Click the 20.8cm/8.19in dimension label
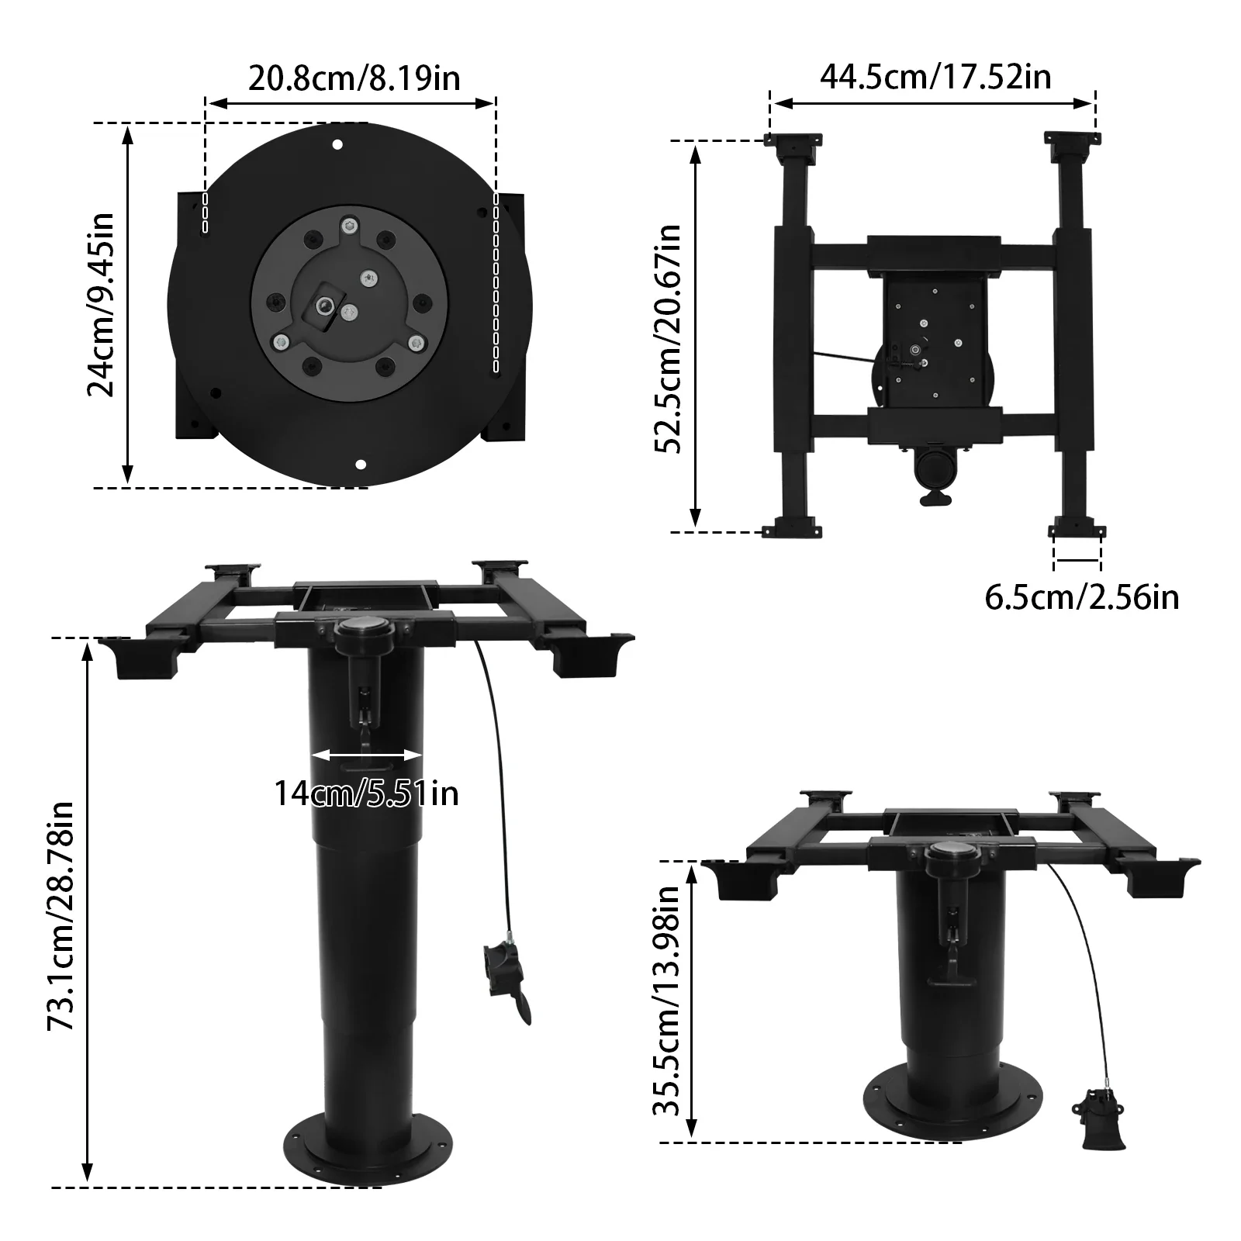pos(354,78)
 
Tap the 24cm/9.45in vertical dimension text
pos(100,304)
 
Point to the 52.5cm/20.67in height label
pos(666,339)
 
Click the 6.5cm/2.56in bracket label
pos(1081,597)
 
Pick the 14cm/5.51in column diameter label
pos(366,793)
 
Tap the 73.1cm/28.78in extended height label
pos(60,916)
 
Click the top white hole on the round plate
pos(337,144)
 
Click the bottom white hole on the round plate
pos(359,465)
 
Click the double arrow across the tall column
pos(366,754)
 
